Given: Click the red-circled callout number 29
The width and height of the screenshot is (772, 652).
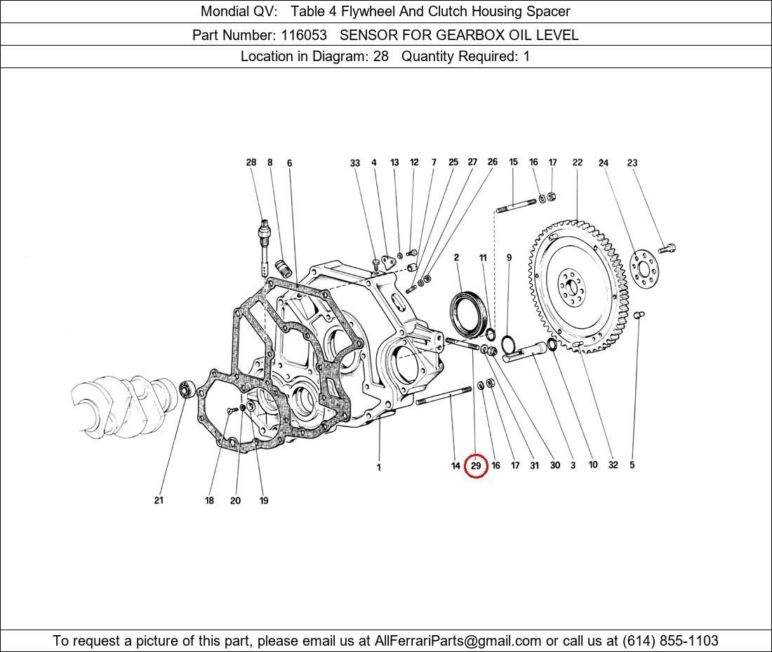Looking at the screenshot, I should (476, 466).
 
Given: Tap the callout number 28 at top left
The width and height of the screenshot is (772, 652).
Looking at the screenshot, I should (251, 162).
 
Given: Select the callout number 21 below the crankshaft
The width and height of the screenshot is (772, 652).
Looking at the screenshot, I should (159, 500).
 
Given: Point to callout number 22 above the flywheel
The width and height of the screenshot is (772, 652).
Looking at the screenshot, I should (577, 162).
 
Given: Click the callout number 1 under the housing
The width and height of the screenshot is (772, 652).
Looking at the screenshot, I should (379, 467).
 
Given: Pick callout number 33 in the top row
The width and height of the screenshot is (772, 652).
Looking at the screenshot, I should (355, 163).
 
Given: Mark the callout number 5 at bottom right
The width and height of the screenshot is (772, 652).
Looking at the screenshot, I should (632, 465).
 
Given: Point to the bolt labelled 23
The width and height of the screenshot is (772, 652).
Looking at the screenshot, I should (667, 247).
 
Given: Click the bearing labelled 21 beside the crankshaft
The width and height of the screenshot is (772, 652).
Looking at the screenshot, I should (187, 387).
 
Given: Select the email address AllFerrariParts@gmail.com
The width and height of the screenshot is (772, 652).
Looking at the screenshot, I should (458, 641).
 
